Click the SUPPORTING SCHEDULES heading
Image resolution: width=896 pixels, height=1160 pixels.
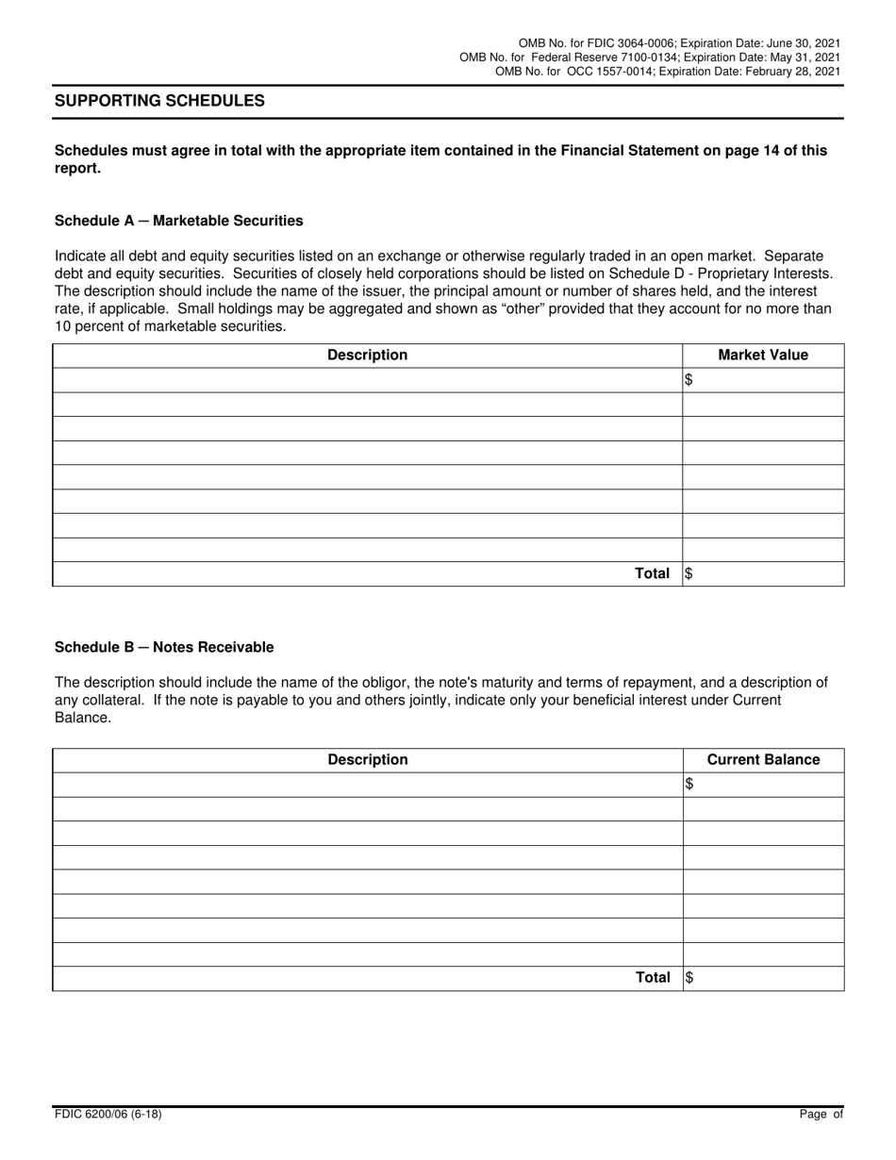point(159,101)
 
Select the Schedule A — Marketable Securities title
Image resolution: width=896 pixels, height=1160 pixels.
point(179,221)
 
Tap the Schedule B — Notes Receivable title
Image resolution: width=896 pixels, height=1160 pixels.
point(164,647)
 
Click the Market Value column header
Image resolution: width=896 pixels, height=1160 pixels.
point(763,356)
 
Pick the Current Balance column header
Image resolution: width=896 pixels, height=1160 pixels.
point(763,760)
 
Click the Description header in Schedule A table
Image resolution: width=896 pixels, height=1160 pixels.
point(367,356)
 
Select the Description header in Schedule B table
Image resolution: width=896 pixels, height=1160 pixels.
point(367,760)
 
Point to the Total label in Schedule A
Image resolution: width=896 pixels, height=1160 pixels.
point(652,573)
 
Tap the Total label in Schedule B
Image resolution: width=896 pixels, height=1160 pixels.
point(652,978)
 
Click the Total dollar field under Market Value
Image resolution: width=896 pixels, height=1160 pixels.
point(763,573)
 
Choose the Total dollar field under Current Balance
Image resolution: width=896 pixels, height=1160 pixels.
point(763,978)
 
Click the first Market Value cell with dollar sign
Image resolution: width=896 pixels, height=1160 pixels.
point(763,380)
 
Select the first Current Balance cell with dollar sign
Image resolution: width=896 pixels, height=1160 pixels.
point(763,785)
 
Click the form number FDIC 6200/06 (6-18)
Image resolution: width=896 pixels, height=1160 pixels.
point(108,1115)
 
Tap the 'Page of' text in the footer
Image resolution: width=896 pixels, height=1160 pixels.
point(821,1115)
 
